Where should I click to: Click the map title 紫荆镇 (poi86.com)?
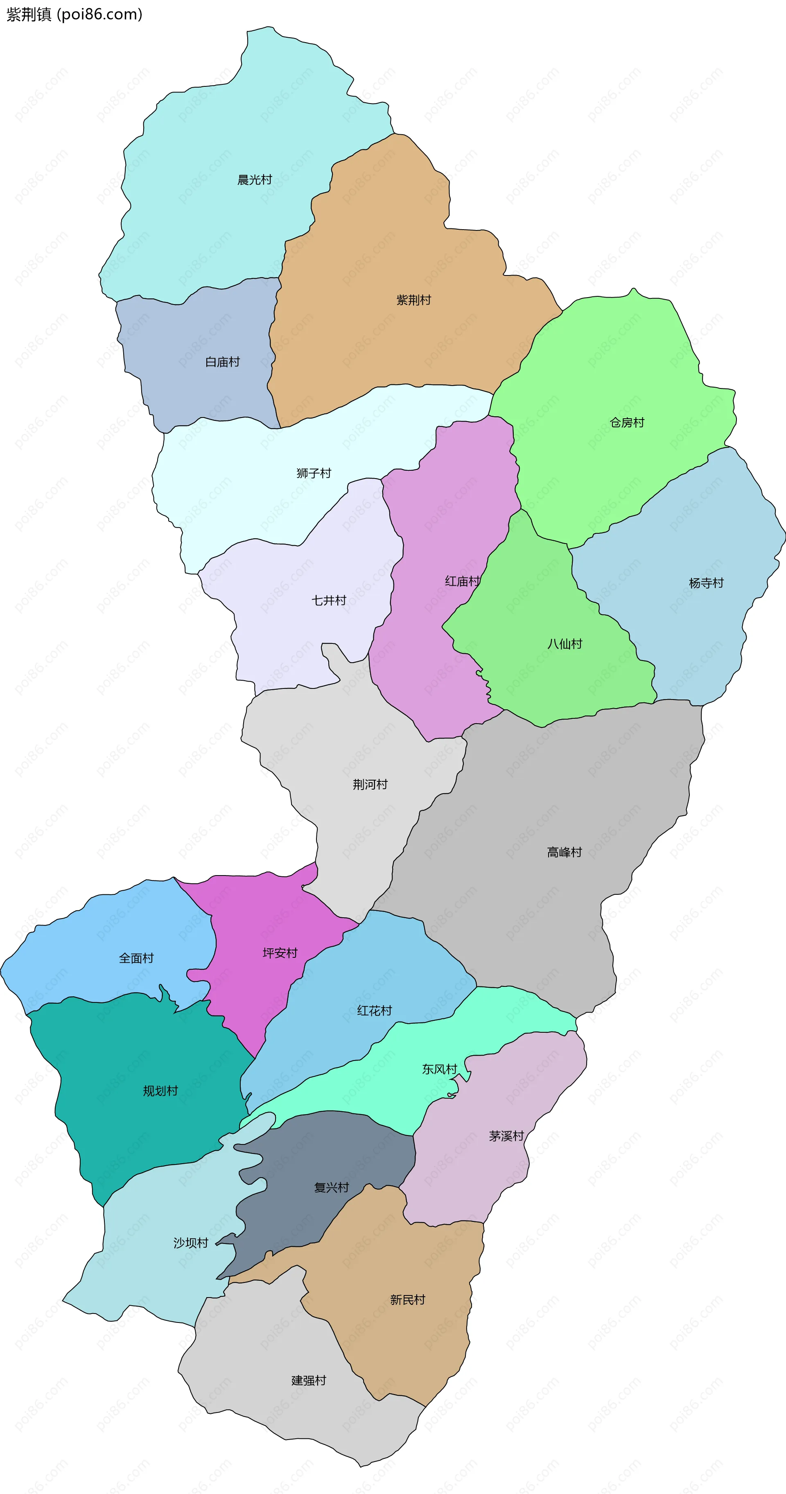[x=74, y=14]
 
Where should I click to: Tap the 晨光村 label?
[x=255, y=180]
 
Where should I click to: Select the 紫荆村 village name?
[x=413, y=300]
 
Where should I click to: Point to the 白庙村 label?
[x=222, y=362]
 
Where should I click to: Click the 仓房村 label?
[x=627, y=423]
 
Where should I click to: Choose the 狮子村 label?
[x=314, y=473]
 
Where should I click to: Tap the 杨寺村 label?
[x=706, y=583]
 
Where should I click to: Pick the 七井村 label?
[x=329, y=600]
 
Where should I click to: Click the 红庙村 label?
[x=462, y=581]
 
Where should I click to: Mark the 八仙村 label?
[x=565, y=644]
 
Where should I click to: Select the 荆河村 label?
[x=370, y=785]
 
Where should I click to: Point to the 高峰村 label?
[x=565, y=852]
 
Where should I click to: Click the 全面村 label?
[x=136, y=958]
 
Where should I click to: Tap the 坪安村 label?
[x=280, y=953]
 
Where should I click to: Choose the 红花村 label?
[x=374, y=1011]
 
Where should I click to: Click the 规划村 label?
[x=160, y=1091]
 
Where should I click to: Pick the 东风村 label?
[x=440, y=1069]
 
